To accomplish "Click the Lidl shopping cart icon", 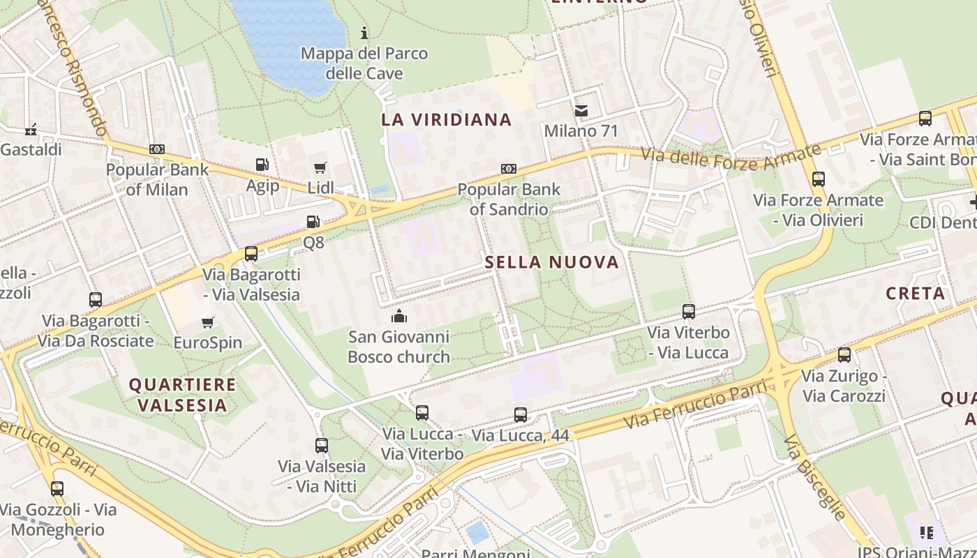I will [x=320, y=167].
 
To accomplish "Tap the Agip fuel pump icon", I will [x=262, y=165].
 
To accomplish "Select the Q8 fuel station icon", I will [x=313, y=222].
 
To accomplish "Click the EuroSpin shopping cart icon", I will [x=207, y=322].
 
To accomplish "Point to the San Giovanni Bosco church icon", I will [x=399, y=316].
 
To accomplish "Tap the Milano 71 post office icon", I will [x=581, y=110].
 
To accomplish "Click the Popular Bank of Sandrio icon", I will [x=509, y=169].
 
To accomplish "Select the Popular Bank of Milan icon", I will [x=157, y=149].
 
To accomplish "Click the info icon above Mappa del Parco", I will [x=364, y=33].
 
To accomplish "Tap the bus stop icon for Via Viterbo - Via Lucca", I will [x=689, y=312].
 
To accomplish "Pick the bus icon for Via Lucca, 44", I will [x=521, y=415].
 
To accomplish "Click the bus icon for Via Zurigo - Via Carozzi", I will [x=844, y=355].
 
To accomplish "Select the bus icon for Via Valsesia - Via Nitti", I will [x=322, y=445].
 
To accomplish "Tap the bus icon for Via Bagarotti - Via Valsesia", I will [x=251, y=254].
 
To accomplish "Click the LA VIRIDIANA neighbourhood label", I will [x=447, y=119].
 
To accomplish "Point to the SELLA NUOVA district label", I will [x=552, y=262].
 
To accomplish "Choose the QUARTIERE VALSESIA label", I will [x=182, y=395].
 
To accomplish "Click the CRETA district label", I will [x=916, y=294].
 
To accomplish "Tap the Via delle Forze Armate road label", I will [x=731, y=155].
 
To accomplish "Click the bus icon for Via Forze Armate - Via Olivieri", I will [x=819, y=179].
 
